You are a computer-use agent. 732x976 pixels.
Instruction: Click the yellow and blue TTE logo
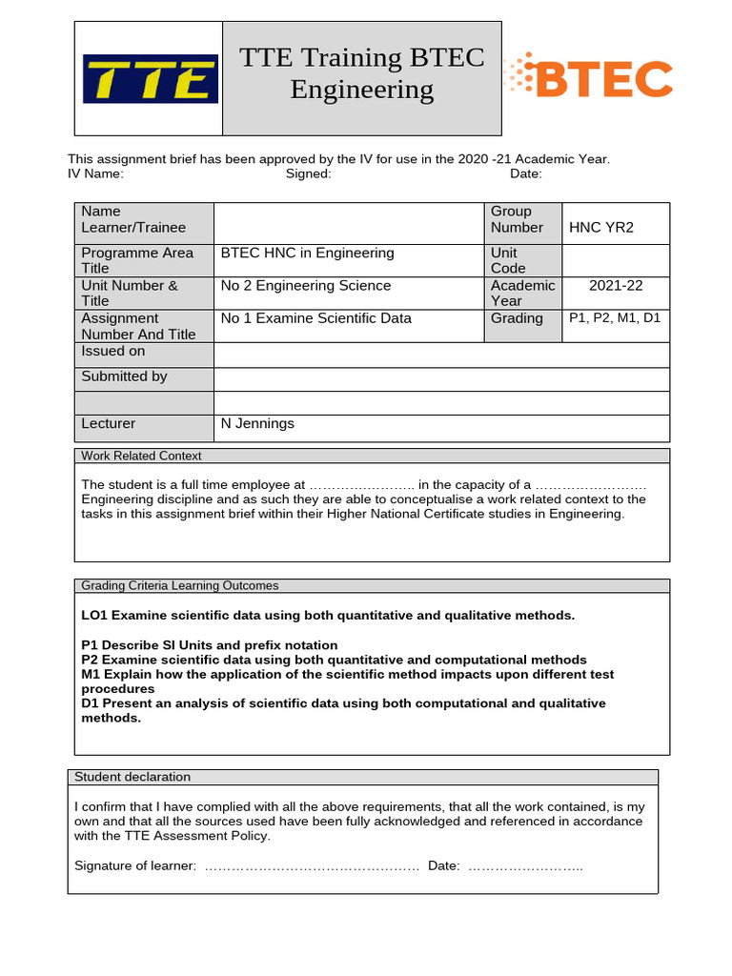coord(150,78)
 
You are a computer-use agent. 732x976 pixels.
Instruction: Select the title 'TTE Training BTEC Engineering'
coord(361,74)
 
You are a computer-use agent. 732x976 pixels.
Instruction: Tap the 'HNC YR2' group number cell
coord(601,227)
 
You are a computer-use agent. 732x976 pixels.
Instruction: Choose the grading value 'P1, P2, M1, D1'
coord(615,318)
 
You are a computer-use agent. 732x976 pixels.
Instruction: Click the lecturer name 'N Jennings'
coord(257,423)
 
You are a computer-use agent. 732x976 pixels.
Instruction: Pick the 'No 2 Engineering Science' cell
coord(305,285)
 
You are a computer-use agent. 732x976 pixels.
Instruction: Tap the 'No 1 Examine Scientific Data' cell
coord(315,318)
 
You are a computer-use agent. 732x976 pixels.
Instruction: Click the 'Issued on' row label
coord(113,352)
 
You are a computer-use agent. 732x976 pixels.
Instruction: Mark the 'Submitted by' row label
coord(124,376)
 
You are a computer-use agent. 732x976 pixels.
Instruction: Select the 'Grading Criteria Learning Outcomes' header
coord(180,585)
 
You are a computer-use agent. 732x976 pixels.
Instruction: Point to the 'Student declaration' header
coord(132,777)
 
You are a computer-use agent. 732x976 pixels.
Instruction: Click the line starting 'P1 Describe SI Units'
coord(209,645)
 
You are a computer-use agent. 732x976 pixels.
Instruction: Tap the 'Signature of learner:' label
coord(135,865)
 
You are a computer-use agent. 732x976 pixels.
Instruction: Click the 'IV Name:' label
coord(95,173)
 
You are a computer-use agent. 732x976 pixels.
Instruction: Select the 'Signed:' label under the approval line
coord(308,173)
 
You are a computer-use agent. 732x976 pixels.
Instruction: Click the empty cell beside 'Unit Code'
coord(616,260)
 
